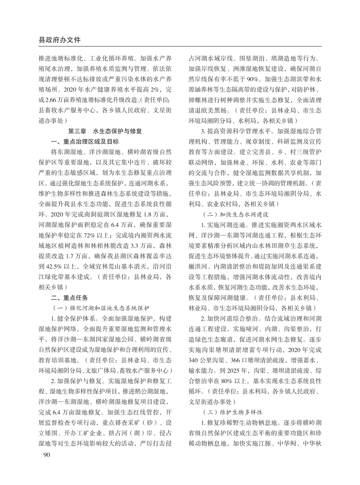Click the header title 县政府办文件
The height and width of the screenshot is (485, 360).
point(60,39)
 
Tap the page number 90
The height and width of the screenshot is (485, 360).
point(44,454)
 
